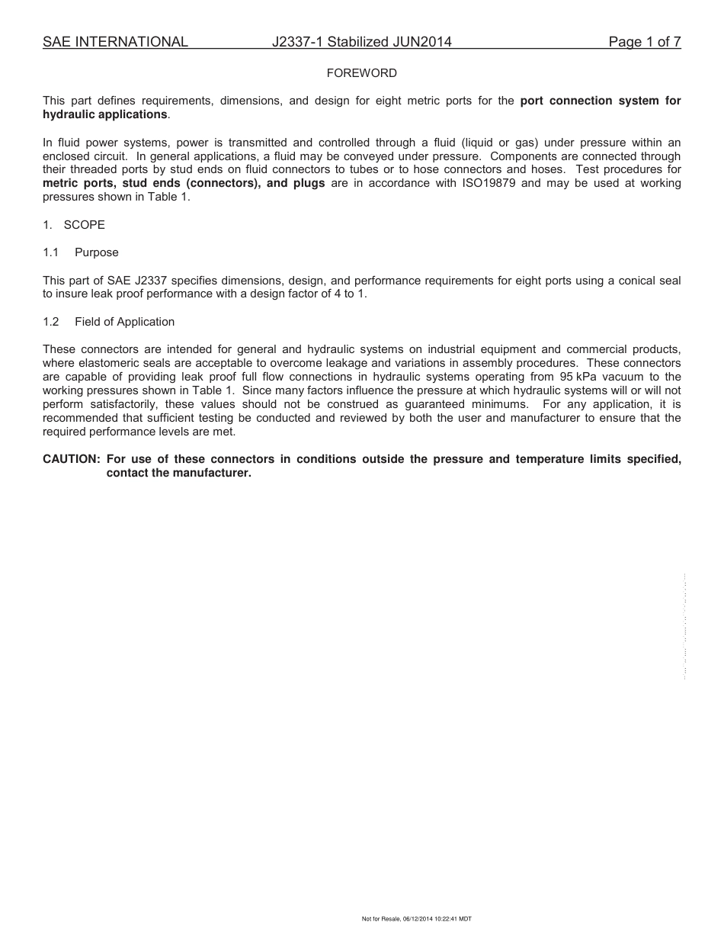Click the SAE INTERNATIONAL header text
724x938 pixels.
(x=115, y=42)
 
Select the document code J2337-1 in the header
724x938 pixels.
(x=297, y=42)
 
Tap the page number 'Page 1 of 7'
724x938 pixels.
(x=644, y=42)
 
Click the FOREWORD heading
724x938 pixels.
(x=361, y=73)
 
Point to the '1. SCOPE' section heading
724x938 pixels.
(x=74, y=225)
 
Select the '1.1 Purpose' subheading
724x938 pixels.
(x=81, y=252)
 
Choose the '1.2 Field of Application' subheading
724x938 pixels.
(x=109, y=322)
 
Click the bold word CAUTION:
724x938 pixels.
(x=72, y=459)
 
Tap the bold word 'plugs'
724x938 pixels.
(x=309, y=183)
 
